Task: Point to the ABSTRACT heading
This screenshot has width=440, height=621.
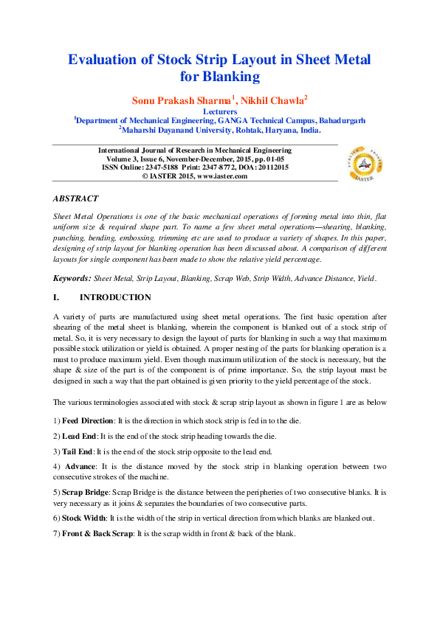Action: coord(75,199)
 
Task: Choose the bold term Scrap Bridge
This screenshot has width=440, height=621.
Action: coord(86,490)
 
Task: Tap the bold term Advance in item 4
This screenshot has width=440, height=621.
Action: coord(80,467)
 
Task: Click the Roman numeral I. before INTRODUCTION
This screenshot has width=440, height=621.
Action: coord(57,298)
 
